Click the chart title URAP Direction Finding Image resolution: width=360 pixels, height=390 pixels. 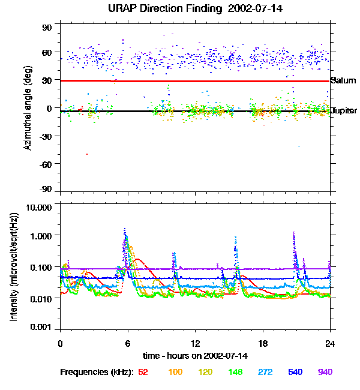167,9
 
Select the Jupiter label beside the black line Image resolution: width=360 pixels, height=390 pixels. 344,110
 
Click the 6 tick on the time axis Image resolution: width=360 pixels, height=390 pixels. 127,343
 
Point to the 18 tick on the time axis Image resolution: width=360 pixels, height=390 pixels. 263,343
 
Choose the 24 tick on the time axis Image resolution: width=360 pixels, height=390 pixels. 330,343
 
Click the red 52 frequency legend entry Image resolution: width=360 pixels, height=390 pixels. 143,372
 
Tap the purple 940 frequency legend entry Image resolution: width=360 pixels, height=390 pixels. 325,372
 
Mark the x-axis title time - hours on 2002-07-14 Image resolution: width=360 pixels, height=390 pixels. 195,356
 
